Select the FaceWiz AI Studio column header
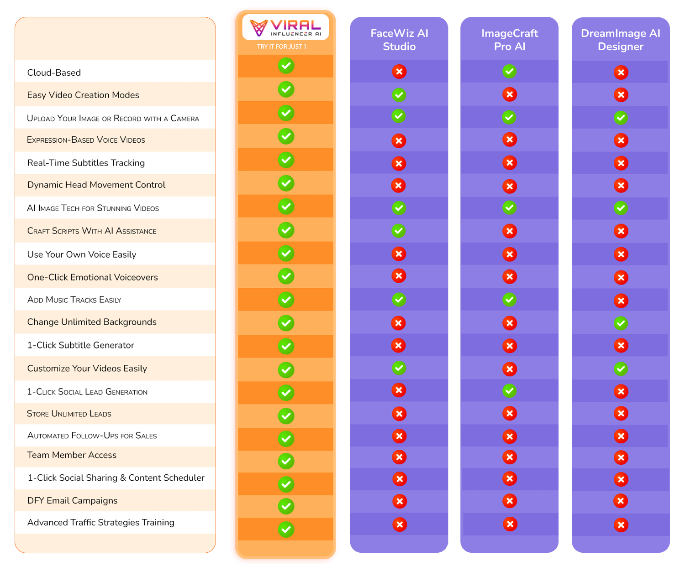pyautogui.click(x=399, y=40)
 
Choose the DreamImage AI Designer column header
pyautogui.click(x=620, y=40)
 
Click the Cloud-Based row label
pyautogui.click(x=54, y=73)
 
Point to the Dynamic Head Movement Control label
pyautogui.click(x=96, y=184)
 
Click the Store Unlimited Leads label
pyautogui.click(x=69, y=413)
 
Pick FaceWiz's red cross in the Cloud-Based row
pyautogui.click(x=399, y=72)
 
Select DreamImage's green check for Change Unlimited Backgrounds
pyautogui.click(x=620, y=323)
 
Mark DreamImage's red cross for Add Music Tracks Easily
pyautogui.click(x=620, y=301)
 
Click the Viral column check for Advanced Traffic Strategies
pyautogui.click(x=285, y=529)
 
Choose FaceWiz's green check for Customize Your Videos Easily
pyautogui.click(x=398, y=368)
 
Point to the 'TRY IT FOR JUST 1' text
pyautogui.click(x=281, y=47)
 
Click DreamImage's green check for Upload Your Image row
pyautogui.click(x=620, y=118)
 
